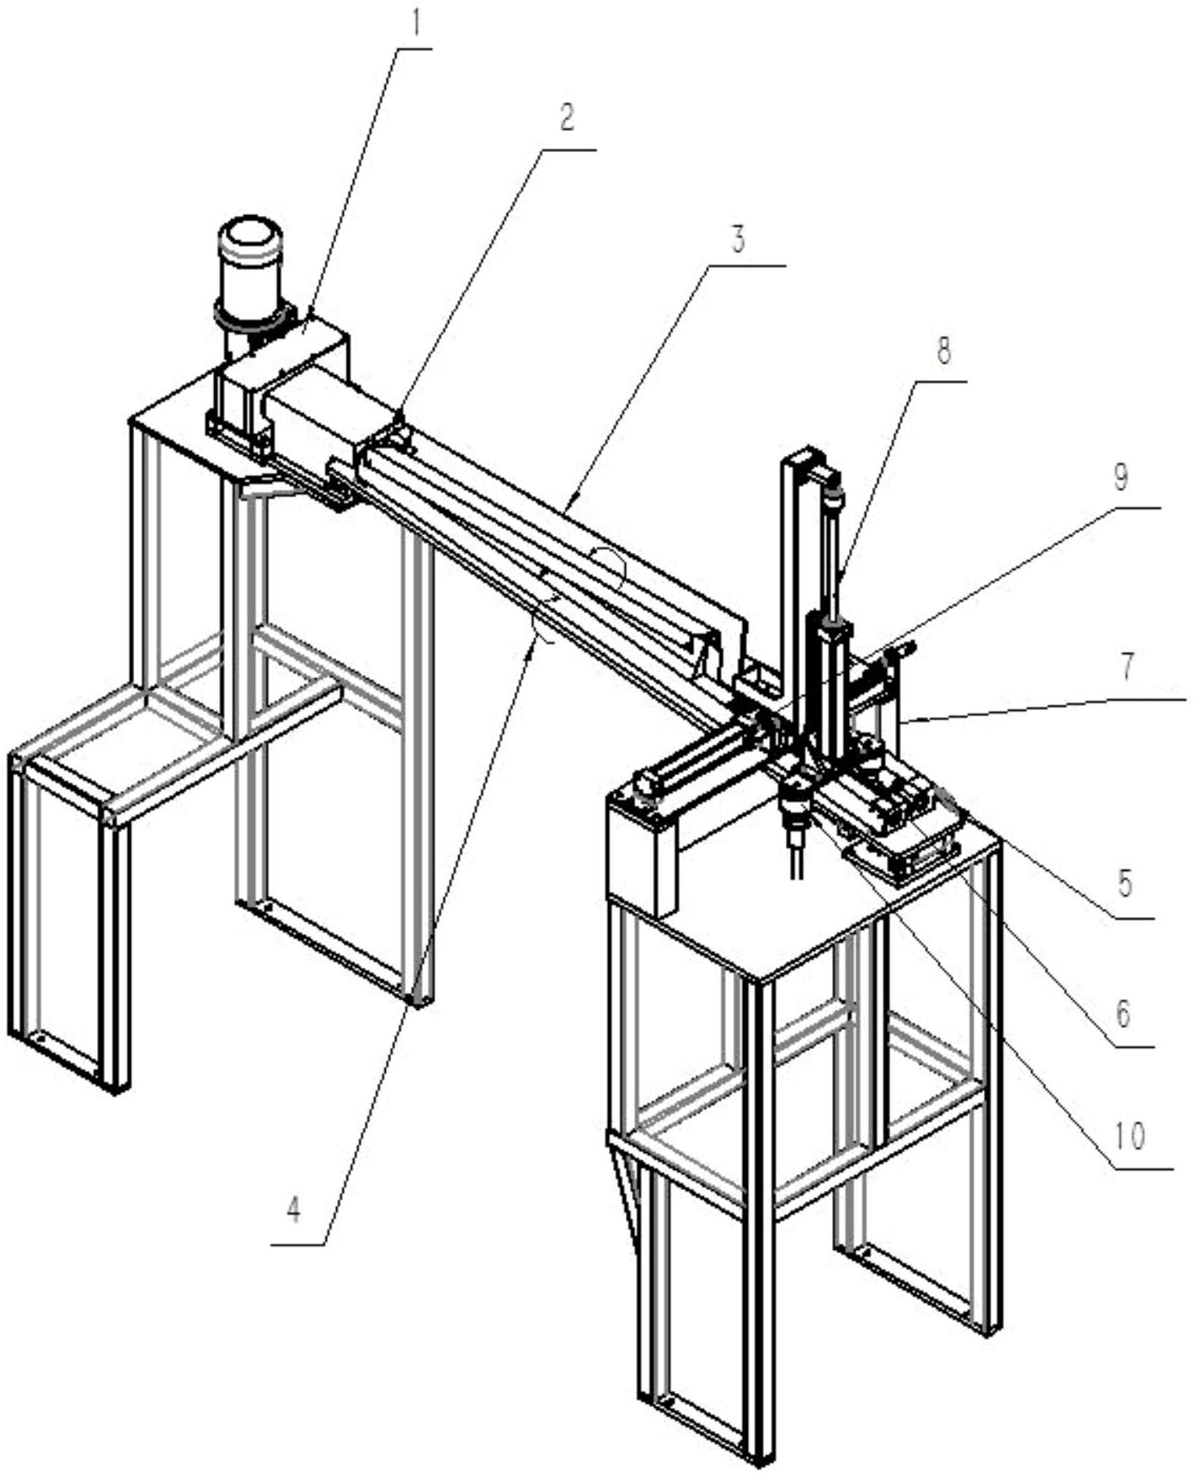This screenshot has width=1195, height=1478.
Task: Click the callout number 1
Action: tap(416, 24)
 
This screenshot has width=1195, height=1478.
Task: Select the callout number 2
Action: tap(568, 118)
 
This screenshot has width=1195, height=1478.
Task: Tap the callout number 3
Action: tap(738, 241)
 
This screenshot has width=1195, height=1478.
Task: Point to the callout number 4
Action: tap(294, 1210)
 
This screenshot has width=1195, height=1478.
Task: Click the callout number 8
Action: tap(944, 351)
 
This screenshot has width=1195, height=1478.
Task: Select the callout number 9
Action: tap(1121, 478)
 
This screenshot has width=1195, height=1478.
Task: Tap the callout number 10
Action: tap(1130, 1136)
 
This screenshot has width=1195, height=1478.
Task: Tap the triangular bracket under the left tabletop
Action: tap(268, 487)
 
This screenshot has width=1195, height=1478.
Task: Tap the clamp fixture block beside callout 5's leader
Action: tap(922, 821)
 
